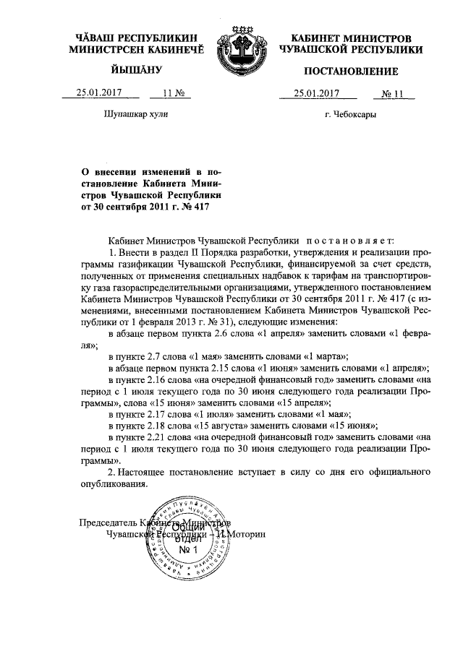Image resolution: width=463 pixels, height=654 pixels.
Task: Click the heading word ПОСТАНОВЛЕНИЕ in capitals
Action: [x=351, y=71]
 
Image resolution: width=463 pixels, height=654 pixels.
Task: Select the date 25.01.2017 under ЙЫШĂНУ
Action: [x=101, y=93]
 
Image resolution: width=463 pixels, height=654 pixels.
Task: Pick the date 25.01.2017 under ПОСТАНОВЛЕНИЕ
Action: [x=316, y=93]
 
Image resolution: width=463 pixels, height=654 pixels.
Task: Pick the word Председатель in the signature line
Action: [x=106, y=523]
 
